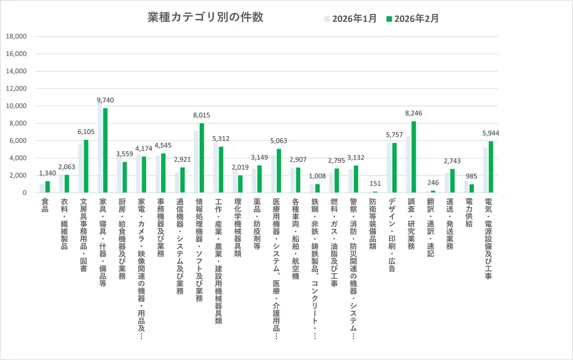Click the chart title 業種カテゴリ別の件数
click(205, 17)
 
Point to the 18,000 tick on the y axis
click(17, 37)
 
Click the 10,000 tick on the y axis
click(17, 106)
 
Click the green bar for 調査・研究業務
click(414, 157)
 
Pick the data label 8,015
click(201, 116)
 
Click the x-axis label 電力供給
click(468, 212)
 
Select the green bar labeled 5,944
click(491, 167)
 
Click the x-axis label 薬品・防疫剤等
click(257, 224)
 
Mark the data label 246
click(433, 183)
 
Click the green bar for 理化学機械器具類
click(240, 184)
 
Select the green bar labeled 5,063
click(278, 171)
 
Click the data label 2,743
click(452, 161)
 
